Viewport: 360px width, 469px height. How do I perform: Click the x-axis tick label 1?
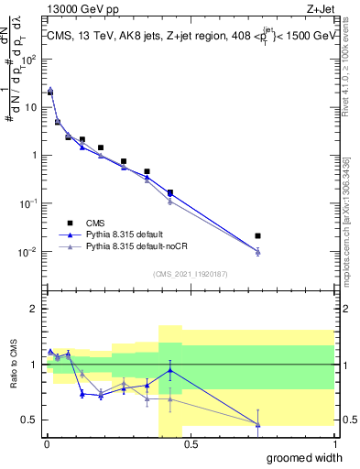333,444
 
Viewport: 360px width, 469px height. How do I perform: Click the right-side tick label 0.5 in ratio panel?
346,420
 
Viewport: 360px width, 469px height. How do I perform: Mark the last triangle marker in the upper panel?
257,251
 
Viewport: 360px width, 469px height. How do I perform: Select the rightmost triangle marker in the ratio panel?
257,424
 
